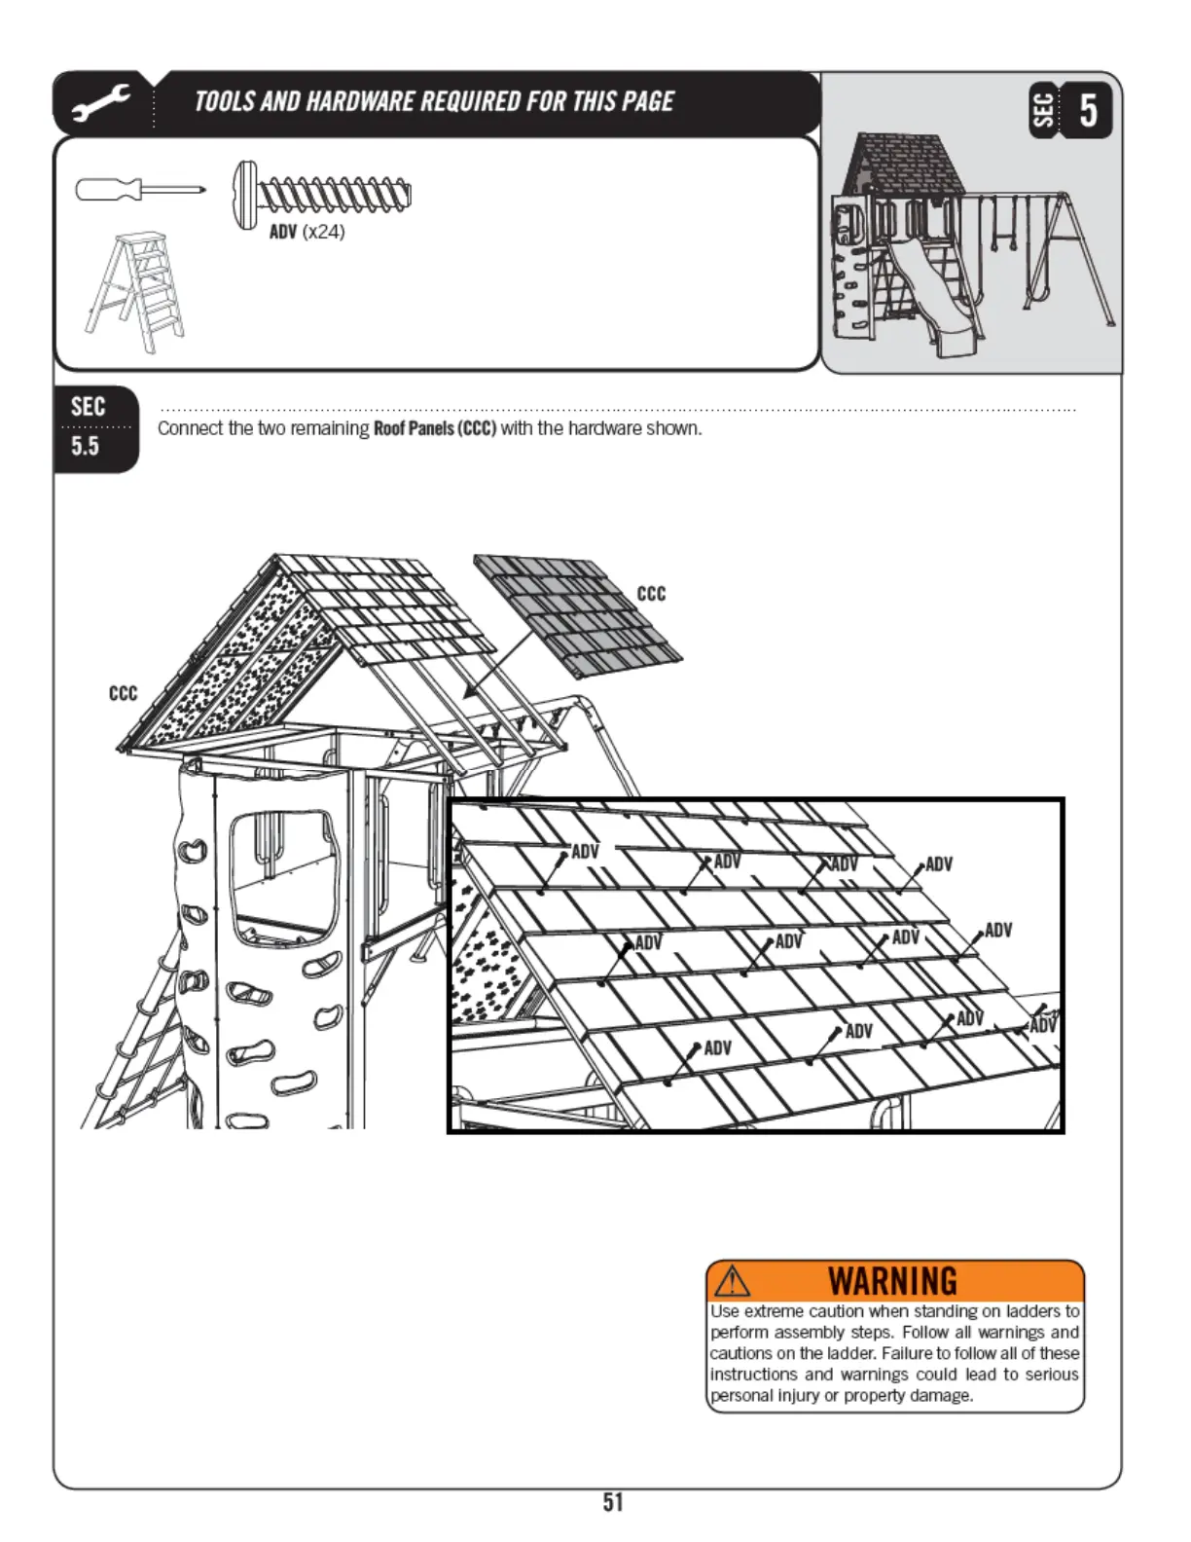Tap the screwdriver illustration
140,189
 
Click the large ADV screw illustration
322,196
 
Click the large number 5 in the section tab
1089,109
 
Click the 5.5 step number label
86,447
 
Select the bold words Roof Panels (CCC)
435,428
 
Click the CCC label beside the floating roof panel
651,594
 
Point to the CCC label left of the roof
123,693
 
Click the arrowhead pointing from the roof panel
470,692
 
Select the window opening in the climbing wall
281,877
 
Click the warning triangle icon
732,1280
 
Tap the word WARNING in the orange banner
892,1280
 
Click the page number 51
612,1502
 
